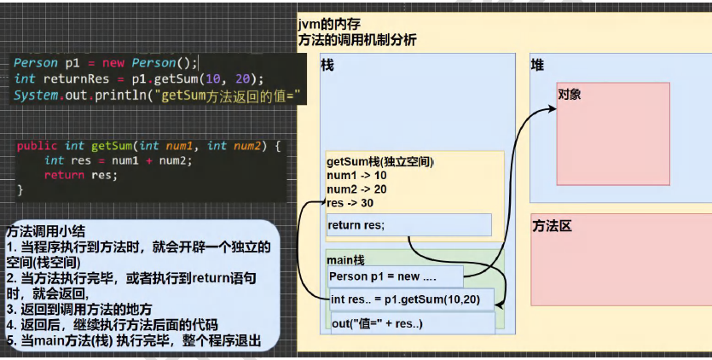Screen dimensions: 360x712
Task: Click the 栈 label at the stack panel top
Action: point(327,66)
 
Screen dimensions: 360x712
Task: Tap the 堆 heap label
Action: point(537,66)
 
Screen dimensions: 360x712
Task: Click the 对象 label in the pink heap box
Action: point(570,94)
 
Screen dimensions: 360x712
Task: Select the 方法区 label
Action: point(552,226)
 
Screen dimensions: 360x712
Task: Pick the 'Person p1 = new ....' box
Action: point(395,276)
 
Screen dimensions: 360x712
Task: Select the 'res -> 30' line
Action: point(350,203)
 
